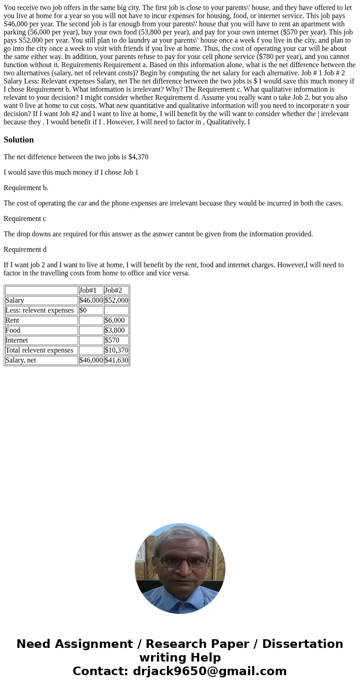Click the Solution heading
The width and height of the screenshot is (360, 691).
[x=19, y=140]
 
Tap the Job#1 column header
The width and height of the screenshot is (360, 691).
[x=88, y=290]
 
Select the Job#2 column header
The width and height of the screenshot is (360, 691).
[x=113, y=290]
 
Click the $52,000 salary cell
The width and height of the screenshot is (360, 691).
[x=116, y=300]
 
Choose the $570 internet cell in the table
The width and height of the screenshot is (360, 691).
[x=112, y=340]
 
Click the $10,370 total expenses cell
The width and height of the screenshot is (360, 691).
[x=116, y=350]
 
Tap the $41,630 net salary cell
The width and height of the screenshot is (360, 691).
[x=116, y=360]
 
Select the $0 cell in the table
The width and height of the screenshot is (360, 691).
[x=83, y=310]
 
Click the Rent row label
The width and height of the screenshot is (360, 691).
[x=12, y=320]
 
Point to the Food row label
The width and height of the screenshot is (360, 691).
[x=13, y=330]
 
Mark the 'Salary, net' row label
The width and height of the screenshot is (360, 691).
[x=21, y=360]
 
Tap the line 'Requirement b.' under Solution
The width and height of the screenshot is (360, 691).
[x=26, y=188]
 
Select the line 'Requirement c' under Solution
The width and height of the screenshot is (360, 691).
[x=25, y=219]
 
